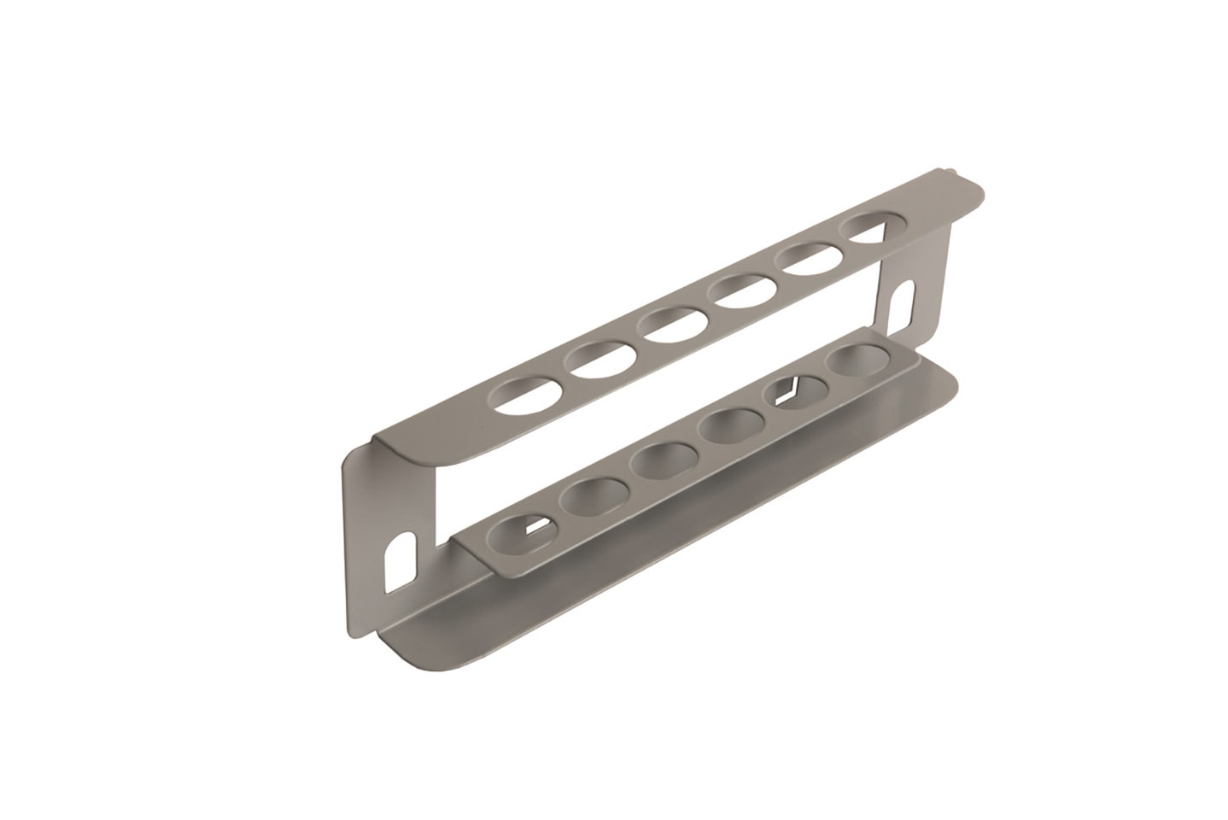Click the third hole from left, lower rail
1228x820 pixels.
[x=661, y=460]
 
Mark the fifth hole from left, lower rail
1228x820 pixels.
[x=797, y=393]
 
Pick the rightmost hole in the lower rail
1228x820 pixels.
[x=857, y=363]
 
